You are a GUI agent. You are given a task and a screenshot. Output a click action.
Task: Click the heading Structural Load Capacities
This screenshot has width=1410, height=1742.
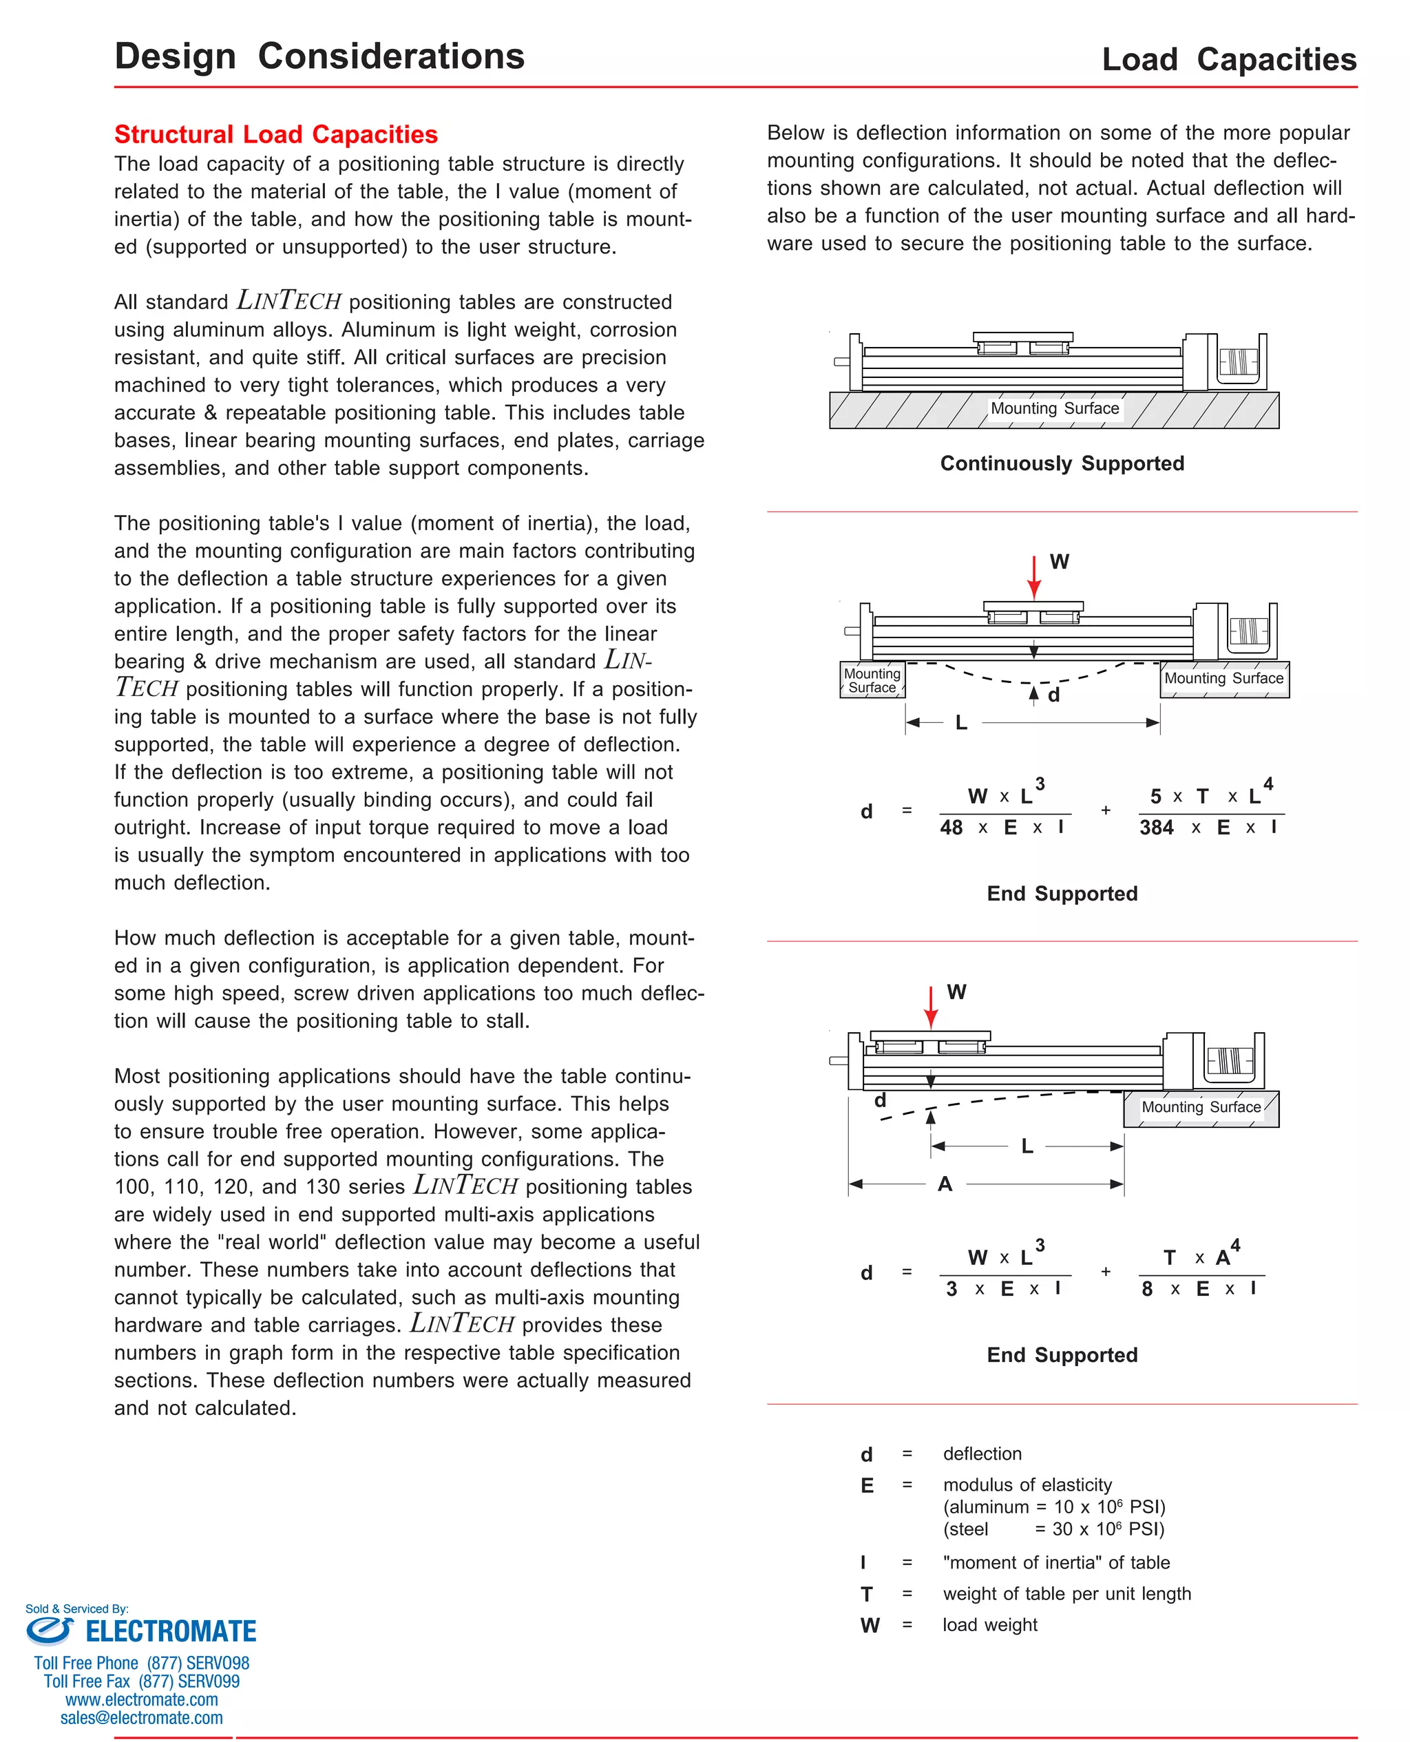(275, 134)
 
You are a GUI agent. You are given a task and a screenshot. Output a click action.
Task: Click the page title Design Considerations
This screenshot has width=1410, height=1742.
(319, 56)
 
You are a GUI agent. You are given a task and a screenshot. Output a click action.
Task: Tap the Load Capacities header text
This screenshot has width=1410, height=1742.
(1228, 59)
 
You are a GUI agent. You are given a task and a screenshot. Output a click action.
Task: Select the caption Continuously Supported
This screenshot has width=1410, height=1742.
(1062, 463)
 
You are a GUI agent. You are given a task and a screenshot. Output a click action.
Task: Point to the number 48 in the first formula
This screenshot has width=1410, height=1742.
(950, 828)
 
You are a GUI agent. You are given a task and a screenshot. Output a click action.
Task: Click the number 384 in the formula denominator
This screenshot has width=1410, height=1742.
(1156, 828)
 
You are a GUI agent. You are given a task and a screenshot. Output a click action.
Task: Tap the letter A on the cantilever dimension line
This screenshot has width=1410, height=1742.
(945, 1184)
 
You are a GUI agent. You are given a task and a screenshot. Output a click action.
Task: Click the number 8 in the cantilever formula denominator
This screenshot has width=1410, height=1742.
(1147, 1289)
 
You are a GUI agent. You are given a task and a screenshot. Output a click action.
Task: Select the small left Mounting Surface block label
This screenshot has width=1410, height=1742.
(872, 680)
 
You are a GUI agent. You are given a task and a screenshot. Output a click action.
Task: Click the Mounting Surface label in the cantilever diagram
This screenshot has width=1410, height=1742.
(1201, 1107)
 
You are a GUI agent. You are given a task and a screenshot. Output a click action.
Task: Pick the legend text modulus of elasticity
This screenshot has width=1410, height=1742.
(1027, 1484)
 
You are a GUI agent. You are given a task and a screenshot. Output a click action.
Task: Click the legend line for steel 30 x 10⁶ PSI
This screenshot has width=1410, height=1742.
(1053, 1529)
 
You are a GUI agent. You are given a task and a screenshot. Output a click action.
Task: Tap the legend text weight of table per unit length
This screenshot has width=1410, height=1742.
(1066, 1593)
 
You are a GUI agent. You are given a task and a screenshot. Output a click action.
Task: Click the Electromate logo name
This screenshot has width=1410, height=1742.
(171, 1632)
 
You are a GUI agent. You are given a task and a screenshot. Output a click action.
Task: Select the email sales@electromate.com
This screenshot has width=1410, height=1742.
(141, 1718)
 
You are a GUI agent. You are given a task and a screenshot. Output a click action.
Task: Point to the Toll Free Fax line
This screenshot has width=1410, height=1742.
(141, 1681)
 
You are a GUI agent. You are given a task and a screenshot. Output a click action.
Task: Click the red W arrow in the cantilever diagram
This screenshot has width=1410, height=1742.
(931, 1008)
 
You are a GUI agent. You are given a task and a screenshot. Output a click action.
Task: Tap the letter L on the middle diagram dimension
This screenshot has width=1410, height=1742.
(961, 722)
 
